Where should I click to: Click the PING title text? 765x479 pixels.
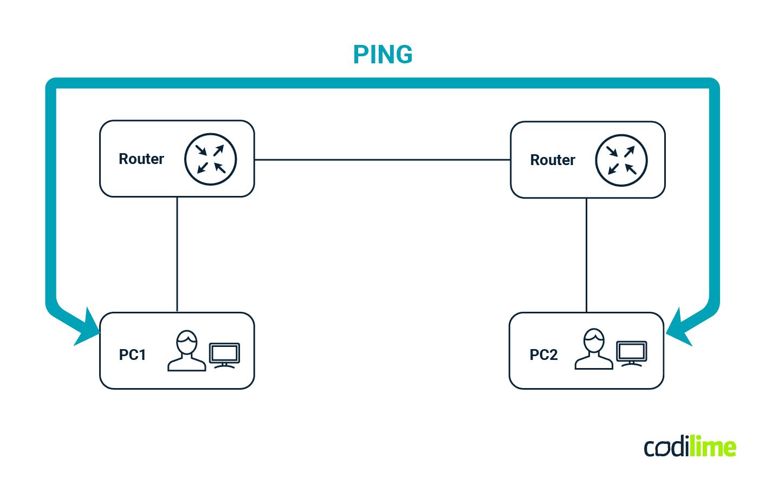click(x=383, y=55)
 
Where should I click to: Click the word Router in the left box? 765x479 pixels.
click(x=141, y=159)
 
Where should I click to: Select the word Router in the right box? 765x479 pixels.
click(x=552, y=160)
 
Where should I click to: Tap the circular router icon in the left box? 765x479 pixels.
click(x=210, y=159)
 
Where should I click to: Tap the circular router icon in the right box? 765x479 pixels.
click(x=621, y=160)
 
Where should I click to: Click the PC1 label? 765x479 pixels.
click(x=133, y=355)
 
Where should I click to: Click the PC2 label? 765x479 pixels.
click(x=543, y=355)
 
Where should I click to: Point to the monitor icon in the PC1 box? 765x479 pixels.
click(x=224, y=355)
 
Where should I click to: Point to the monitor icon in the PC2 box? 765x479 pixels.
click(x=632, y=354)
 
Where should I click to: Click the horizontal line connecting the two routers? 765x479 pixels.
click(x=382, y=160)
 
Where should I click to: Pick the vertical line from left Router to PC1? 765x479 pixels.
click(x=177, y=254)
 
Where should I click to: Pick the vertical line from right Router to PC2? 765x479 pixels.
click(x=586, y=254)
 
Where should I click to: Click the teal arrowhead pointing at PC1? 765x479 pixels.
click(x=87, y=328)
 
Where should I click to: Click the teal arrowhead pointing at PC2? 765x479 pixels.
click(x=678, y=328)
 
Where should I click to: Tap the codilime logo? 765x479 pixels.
click(x=690, y=447)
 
